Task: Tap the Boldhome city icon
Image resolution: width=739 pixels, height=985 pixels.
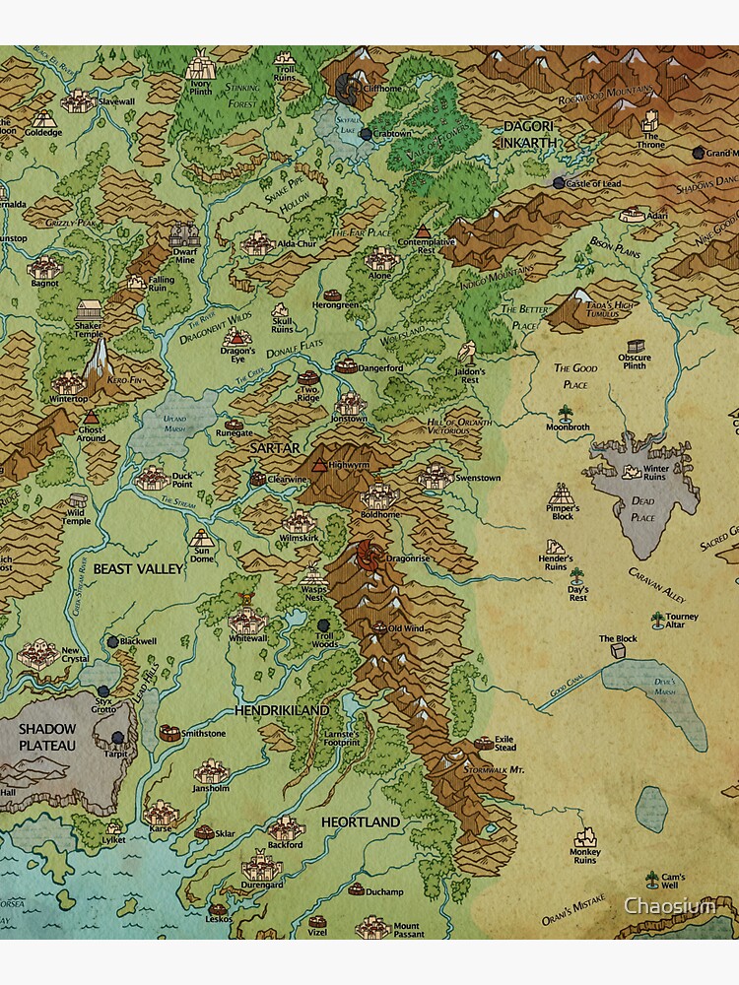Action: [x=378, y=494]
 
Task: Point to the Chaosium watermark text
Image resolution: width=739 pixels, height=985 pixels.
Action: [x=670, y=905]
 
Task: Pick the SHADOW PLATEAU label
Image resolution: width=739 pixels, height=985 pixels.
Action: [x=47, y=737]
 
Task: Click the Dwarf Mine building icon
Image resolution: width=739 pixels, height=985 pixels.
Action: [x=184, y=236]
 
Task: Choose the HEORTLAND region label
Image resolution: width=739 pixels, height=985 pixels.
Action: [x=360, y=821]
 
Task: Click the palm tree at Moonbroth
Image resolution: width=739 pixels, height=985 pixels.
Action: [x=566, y=414]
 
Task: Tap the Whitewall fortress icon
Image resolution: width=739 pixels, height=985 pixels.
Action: [x=243, y=621]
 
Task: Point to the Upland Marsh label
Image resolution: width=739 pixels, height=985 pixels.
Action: [x=174, y=425]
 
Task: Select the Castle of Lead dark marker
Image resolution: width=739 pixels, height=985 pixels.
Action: [x=559, y=183]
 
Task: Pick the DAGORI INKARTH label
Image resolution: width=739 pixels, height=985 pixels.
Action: [x=529, y=134]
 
